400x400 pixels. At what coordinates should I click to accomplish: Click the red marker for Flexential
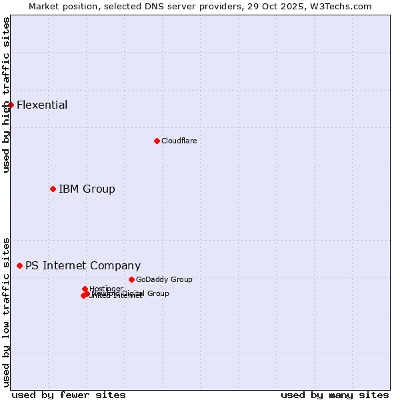pos(11,105)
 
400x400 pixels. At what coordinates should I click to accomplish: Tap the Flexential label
pos(42,105)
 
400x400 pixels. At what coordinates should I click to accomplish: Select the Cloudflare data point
pos(157,141)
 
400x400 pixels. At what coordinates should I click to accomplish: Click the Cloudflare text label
pos(179,141)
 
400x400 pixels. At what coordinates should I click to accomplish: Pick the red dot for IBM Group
pos(53,189)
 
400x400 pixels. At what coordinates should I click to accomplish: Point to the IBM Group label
pos(87,189)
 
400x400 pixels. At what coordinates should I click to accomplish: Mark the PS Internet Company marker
pos(19,265)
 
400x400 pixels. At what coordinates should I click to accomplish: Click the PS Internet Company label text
pos(83,265)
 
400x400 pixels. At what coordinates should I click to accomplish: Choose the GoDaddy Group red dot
pos(131,279)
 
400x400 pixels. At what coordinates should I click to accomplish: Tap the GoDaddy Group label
pos(164,279)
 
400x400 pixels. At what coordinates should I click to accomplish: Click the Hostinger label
pos(106,289)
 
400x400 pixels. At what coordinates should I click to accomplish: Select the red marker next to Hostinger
pos(85,289)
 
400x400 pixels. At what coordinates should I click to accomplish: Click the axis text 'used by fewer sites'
pos(69,395)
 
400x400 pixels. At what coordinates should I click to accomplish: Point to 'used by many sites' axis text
pos(335,395)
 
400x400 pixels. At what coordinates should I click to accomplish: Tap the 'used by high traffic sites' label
pos(6,95)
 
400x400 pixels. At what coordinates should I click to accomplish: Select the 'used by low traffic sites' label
pos(6,311)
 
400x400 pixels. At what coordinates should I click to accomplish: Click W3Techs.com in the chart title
pos(347,6)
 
